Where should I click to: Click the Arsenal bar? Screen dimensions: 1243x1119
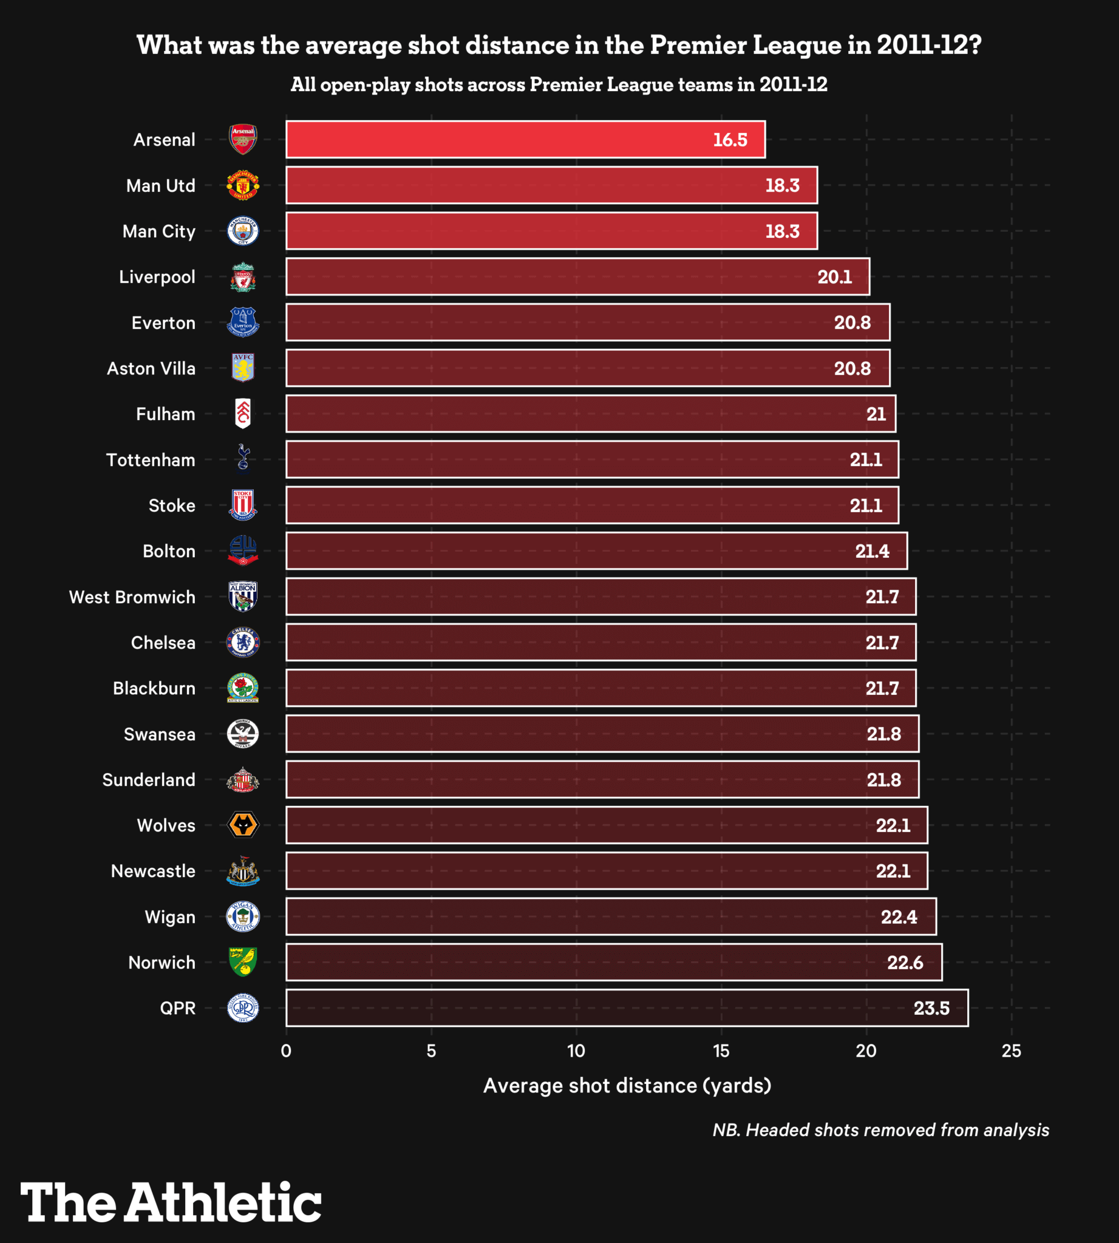click(525, 140)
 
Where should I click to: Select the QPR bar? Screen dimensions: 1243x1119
click(627, 1008)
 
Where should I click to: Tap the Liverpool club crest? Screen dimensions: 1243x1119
click(243, 277)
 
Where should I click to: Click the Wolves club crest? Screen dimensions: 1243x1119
click(243, 825)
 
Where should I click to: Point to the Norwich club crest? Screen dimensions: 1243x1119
click(243, 962)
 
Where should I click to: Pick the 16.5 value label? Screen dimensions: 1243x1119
click(730, 140)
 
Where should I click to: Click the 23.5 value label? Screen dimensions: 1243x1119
click(931, 1009)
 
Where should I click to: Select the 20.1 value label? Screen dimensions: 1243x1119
click(834, 277)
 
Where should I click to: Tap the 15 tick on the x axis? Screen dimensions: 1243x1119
click(721, 1051)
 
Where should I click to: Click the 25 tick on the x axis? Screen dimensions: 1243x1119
click(1012, 1051)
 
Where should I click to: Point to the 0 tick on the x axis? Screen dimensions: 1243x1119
click(286, 1051)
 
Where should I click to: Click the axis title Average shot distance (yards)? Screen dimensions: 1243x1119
click(627, 1086)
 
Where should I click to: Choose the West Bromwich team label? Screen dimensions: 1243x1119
click(132, 597)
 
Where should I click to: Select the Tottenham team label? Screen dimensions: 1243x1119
click(151, 460)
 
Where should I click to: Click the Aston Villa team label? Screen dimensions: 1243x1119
click(151, 368)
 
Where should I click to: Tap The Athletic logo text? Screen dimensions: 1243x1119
click(171, 1202)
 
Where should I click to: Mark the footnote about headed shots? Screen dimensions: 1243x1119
click(880, 1130)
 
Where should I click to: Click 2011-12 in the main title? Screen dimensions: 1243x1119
click(928, 45)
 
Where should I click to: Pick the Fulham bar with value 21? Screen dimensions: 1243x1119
click(590, 414)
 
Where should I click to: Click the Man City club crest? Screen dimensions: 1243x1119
click(243, 231)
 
